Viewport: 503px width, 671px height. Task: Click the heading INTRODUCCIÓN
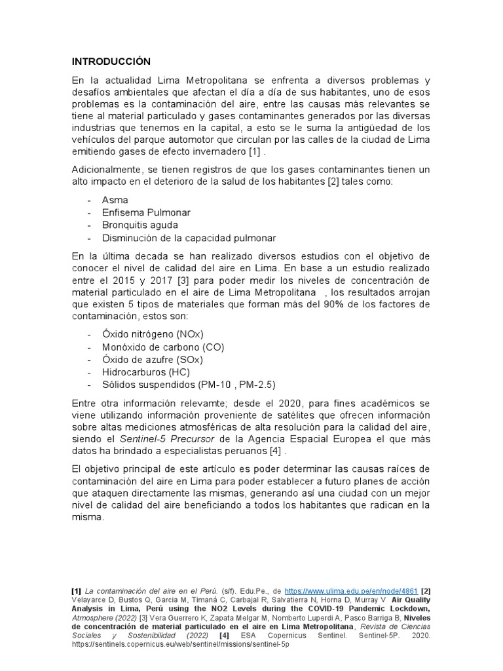[x=111, y=62]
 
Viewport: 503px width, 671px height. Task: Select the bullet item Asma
[x=115, y=200]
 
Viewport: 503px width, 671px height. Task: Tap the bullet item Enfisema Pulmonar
[x=146, y=213]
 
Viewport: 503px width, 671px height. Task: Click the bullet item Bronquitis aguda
[x=140, y=225]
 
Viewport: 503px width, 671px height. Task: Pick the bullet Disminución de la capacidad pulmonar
[x=189, y=239]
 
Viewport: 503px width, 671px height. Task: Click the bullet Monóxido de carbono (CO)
[x=162, y=347]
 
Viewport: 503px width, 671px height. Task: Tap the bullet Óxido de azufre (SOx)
[x=153, y=360]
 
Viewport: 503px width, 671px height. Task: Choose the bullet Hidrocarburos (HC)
[x=145, y=372]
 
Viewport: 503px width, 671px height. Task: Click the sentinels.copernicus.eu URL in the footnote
[x=180, y=644]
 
